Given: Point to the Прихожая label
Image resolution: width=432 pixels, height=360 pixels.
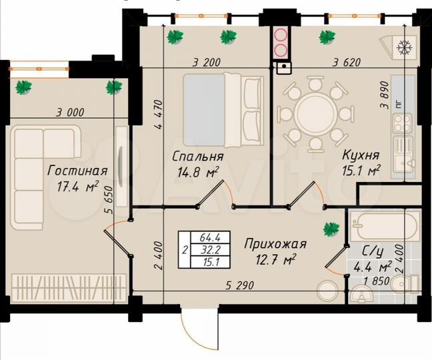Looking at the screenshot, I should pyautogui.click(x=275, y=243).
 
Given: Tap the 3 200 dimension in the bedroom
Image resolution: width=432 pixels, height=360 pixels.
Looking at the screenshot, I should pyautogui.click(x=206, y=63).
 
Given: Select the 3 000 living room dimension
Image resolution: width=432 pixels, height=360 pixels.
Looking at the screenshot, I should pyautogui.click(x=61, y=112).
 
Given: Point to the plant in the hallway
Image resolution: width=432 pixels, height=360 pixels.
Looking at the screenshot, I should pyautogui.click(x=331, y=229).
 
